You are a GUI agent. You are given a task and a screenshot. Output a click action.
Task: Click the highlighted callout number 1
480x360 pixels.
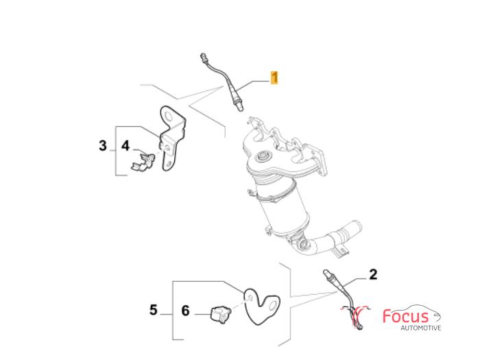(x=274, y=77)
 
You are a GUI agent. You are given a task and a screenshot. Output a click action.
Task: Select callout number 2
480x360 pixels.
(x=373, y=274)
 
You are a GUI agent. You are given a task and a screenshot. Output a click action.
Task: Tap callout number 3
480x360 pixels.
(x=103, y=145)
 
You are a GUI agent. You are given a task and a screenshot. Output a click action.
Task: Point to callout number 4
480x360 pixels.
(x=125, y=145)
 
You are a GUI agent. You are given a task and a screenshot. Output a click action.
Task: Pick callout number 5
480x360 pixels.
(x=154, y=310)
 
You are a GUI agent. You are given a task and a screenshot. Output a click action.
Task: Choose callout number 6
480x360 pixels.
(x=186, y=311)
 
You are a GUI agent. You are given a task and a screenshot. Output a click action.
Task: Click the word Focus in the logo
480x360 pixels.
(x=406, y=316)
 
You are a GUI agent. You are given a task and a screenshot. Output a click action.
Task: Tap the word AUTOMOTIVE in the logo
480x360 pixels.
(x=421, y=328)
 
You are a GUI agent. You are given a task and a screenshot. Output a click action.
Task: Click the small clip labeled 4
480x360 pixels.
(x=143, y=161)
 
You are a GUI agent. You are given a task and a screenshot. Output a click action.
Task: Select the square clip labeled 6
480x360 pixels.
(x=220, y=313)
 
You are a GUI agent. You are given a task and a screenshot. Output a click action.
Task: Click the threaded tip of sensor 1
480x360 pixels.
(x=240, y=107)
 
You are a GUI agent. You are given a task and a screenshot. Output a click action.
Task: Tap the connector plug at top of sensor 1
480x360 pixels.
(x=203, y=57)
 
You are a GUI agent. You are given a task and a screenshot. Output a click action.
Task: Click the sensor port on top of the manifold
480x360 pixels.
(x=263, y=157)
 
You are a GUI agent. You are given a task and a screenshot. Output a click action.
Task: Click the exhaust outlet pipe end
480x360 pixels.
(x=355, y=228)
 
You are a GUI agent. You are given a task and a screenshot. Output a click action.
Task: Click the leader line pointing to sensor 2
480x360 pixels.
(x=354, y=282)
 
